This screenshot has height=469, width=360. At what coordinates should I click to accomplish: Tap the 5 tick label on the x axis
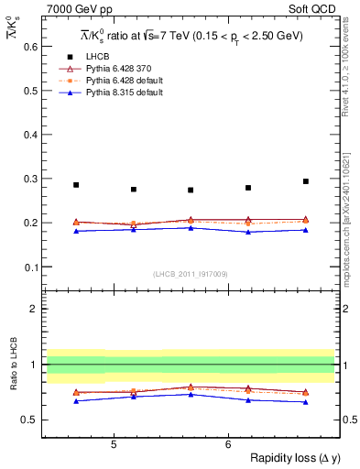click(113, 444)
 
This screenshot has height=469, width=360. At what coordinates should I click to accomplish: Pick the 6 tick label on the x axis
click(228, 444)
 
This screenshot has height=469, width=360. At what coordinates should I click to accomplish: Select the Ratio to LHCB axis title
click(12, 365)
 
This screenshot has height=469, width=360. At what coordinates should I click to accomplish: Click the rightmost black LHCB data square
click(306, 181)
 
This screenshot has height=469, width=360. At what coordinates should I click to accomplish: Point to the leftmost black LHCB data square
click(76, 185)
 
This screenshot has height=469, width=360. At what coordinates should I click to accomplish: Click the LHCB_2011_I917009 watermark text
click(190, 273)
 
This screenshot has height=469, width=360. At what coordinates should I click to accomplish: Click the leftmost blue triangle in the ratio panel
click(76, 401)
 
